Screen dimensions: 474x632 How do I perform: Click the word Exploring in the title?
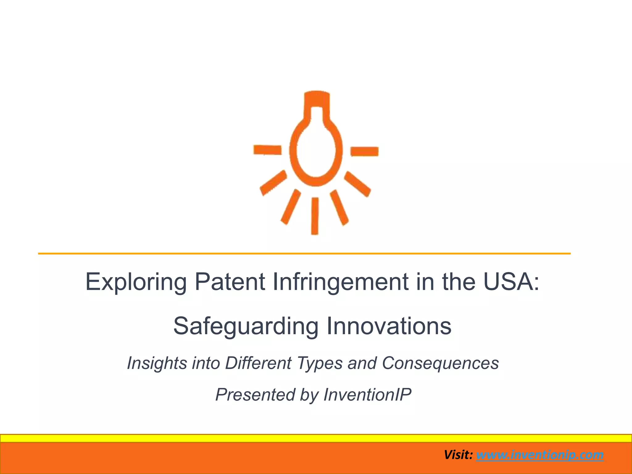[x=136, y=282]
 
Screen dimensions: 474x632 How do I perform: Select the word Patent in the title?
[x=230, y=281]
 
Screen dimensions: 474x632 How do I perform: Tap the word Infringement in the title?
[x=340, y=282]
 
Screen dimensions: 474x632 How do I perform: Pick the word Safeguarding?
[x=246, y=326]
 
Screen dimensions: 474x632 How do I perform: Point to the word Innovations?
[x=389, y=326]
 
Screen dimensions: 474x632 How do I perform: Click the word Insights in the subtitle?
[x=157, y=363]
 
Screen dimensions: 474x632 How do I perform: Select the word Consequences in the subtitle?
[x=440, y=363]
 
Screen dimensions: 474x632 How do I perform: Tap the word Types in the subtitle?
[x=320, y=364]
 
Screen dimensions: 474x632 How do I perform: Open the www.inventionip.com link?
[x=540, y=455]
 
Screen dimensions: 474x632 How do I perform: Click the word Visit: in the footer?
[x=458, y=455]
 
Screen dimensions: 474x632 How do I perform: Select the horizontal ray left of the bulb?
[x=267, y=150]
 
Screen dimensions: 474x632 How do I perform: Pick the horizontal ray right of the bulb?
[x=364, y=151]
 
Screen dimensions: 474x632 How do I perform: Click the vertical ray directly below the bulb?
[x=315, y=216]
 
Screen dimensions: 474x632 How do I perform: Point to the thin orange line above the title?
[x=304, y=254]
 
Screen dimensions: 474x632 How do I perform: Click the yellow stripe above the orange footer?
[x=316, y=438]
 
